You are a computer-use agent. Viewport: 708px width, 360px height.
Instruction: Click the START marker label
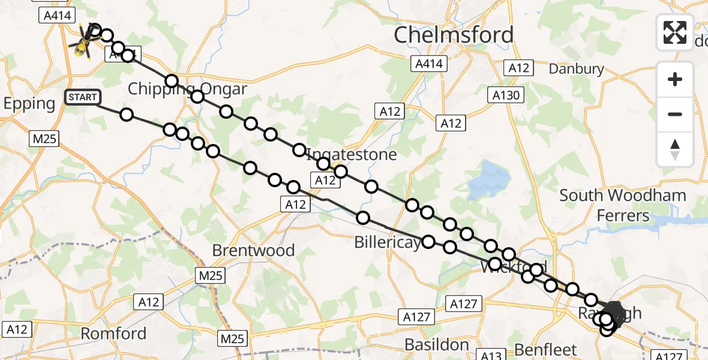(x=81, y=97)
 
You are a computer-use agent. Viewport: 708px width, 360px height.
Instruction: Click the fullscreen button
(x=675, y=32)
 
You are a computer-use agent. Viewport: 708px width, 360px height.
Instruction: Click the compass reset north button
(x=675, y=149)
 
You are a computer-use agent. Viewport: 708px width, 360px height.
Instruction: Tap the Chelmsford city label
(x=454, y=35)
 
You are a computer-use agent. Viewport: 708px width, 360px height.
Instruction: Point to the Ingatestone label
(x=352, y=155)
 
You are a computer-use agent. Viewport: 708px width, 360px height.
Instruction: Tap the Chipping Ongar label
(x=187, y=89)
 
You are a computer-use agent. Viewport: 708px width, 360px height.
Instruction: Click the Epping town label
(x=29, y=103)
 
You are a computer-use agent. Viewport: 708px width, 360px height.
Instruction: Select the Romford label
(x=113, y=334)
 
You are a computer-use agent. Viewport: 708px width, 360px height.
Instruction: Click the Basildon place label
(x=437, y=344)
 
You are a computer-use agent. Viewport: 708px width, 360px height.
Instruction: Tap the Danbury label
(x=577, y=69)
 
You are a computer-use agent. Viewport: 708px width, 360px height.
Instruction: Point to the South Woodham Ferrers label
(x=623, y=205)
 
